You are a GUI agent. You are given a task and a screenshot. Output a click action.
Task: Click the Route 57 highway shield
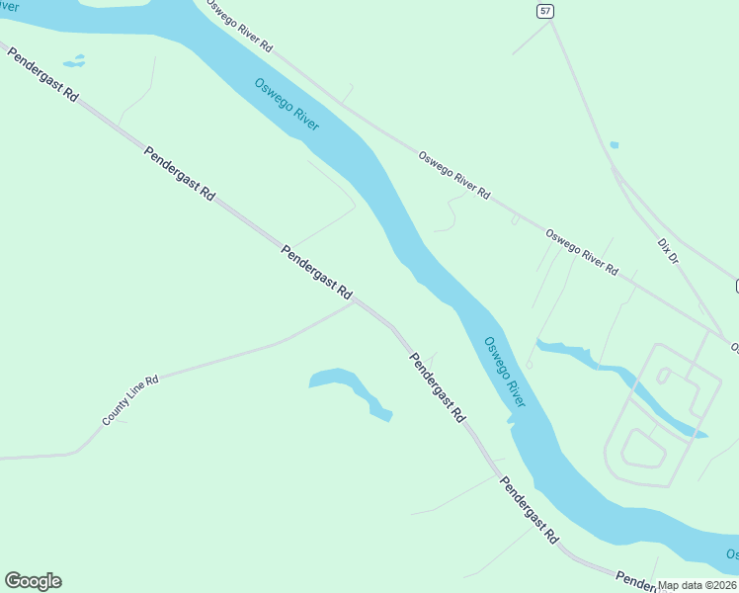click(x=545, y=11)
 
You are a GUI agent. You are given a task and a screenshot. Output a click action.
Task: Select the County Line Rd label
click(x=129, y=400)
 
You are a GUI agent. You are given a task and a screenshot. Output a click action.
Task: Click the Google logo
click(x=33, y=581)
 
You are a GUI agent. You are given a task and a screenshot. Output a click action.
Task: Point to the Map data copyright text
click(x=698, y=585)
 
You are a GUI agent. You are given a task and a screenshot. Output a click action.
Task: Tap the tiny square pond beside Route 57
click(x=615, y=145)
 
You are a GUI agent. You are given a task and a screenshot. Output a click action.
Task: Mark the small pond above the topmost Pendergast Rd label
click(x=74, y=61)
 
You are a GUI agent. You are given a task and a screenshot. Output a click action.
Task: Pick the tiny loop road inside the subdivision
click(x=664, y=376)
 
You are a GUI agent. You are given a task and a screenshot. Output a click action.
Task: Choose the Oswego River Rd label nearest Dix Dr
click(x=582, y=253)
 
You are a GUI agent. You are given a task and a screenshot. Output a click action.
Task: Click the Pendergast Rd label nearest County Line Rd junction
click(x=316, y=273)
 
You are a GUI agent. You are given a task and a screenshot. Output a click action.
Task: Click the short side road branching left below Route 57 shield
click(x=531, y=39)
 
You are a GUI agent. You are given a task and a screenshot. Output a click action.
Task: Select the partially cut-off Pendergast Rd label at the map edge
click(x=632, y=580)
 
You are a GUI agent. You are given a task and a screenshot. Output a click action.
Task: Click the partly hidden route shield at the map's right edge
click(x=735, y=287)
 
